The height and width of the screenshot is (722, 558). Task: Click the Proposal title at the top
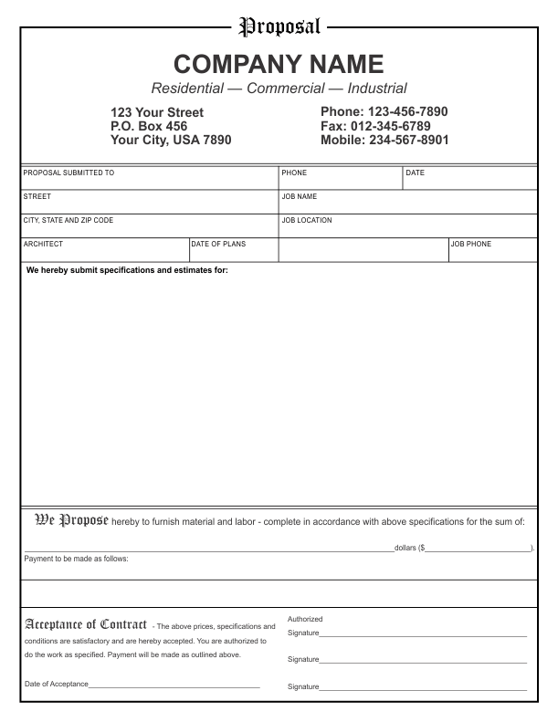pos(279,26)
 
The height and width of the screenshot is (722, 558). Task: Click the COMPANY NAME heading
pos(279,64)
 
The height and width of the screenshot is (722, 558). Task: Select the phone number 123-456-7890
pos(408,112)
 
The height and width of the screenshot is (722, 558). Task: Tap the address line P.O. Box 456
pos(149,126)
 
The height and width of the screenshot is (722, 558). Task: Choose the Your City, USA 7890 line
pos(171,141)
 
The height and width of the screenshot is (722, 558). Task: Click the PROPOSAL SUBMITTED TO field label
pos(68,173)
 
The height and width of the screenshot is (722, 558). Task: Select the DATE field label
pos(416,173)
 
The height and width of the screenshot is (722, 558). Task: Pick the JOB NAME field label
pos(300,196)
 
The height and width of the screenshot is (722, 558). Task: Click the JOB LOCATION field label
pos(307,220)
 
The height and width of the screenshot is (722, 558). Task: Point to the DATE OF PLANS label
pos(218,244)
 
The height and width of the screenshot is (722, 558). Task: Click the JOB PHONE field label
pos(471,244)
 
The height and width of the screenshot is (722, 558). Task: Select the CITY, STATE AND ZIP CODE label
pos(68,220)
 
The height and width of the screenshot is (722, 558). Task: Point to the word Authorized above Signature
pos(305,619)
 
